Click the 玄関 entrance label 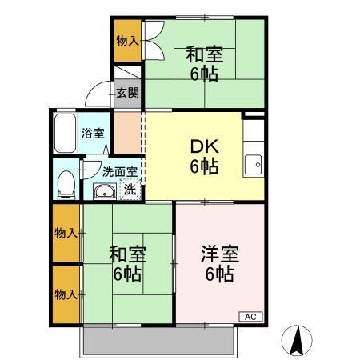click(127, 93)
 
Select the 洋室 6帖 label click(218, 264)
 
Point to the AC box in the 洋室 click(250, 316)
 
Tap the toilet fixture click(67, 184)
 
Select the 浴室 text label click(93, 134)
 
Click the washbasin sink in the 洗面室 click(104, 190)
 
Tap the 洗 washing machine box click(128, 190)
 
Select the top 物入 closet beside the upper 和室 click(126, 40)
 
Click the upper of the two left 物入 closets click(66, 233)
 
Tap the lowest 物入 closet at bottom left click(66, 294)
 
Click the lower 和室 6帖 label click(126, 264)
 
